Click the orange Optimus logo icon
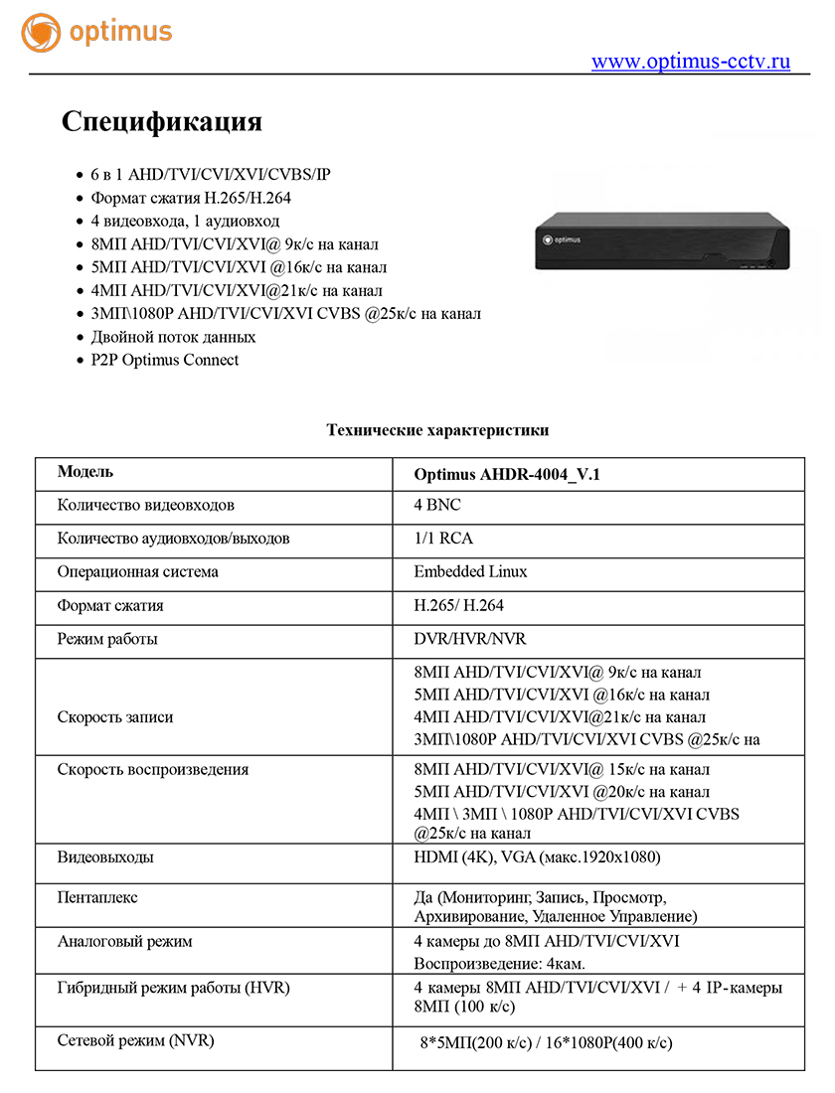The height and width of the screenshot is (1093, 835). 41,32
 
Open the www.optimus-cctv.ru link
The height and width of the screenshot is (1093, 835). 691,62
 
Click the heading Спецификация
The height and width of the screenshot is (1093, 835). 162,122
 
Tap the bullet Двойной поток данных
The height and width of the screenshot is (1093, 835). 166,337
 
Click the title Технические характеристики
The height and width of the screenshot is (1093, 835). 437,430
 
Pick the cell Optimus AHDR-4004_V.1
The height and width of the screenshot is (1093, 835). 507,475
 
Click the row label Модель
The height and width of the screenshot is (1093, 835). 85,472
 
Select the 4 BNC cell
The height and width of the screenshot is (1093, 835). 437,505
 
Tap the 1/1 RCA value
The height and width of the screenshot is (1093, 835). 443,539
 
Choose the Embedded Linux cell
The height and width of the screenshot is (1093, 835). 470,571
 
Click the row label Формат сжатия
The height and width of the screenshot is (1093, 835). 110,605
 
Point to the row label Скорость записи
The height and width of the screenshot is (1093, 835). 115,716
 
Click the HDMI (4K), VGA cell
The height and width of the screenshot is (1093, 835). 537,857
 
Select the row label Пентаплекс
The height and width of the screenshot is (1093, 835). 97,897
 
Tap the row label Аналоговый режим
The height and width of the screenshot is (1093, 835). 124,941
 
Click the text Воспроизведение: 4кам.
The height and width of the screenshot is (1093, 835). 499,964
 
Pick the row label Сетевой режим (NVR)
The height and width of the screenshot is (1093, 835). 136,1040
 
